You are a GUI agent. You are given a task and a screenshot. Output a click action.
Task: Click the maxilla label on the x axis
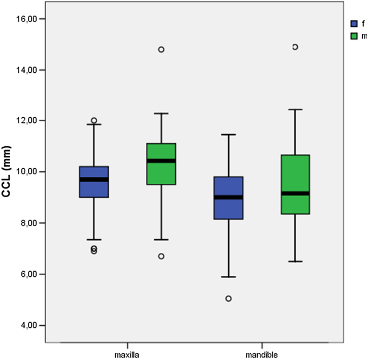click(128, 354)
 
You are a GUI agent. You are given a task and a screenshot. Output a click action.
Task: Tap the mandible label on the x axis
click(261, 354)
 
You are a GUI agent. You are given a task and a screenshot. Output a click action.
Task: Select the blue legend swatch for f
click(354, 24)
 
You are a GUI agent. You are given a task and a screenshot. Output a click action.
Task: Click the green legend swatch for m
click(354, 36)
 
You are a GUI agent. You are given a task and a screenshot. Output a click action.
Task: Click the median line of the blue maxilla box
click(94, 179)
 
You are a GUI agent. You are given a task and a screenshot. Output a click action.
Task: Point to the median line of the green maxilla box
click(161, 161)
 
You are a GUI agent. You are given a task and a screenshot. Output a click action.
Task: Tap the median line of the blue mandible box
click(228, 197)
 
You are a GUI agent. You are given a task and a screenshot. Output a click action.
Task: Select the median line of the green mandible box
click(296, 193)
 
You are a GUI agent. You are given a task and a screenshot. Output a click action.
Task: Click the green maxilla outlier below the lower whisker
click(161, 256)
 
